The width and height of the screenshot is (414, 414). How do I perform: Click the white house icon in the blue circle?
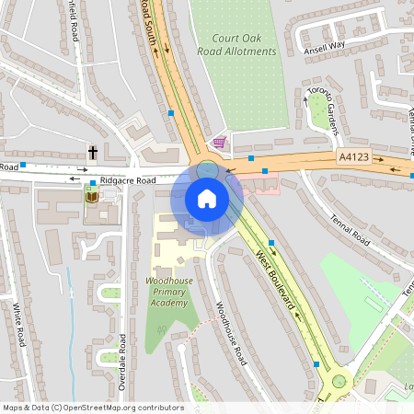(x=207, y=199)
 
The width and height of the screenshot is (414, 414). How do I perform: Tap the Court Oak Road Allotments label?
(x=244, y=45)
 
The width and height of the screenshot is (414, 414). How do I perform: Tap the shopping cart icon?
(x=219, y=142)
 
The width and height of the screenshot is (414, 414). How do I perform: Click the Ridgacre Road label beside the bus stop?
(x=128, y=181)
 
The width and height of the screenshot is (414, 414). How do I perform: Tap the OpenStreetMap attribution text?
(x=94, y=407)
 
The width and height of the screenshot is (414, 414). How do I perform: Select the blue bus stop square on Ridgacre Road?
(x=93, y=182)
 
